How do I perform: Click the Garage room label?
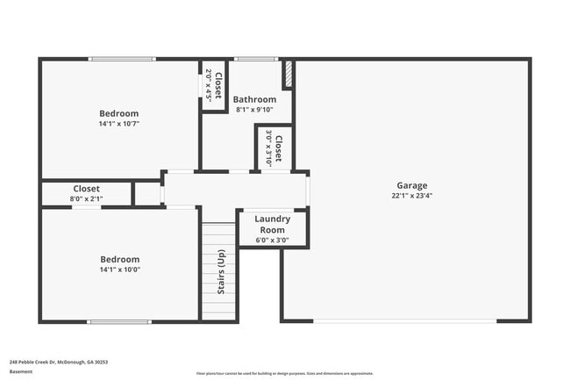pyautogui.click(x=411, y=185)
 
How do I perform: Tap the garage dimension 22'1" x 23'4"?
pyautogui.click(x=411, y=196)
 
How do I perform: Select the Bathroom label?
pyautogui.click(x=254, y=99)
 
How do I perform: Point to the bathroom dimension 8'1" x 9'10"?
pyautogui.click(x=254, y=110)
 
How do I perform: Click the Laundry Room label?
pyautogui.click(x=272, y=224)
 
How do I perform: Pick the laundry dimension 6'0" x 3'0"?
pyautogui.click(x=272, y=240)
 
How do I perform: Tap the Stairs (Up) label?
pyautogui.click(x=219, y=272)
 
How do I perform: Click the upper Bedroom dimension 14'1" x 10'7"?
pyautogui.click(x=118, y=124)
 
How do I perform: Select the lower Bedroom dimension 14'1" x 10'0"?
pyautogui.click(x=118, y=270)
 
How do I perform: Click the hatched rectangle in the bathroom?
pyautogui.click(x=287, y=75)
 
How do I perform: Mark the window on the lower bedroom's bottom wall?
pyautogui.click(x=119, y=320)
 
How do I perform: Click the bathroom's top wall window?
pyautogui.click(x=256, y=59)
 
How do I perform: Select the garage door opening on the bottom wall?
pyautogui.click(x=406, y=320)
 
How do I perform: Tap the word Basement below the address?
pyautogui.click(x=21, y=371)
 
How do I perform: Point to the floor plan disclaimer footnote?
pyautogui.click(x=284, y=373)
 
